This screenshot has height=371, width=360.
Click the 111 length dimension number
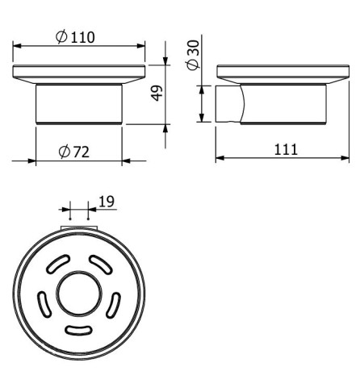point(284,148)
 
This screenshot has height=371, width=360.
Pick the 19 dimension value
point(107,202)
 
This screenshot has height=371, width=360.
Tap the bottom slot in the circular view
point(78,328)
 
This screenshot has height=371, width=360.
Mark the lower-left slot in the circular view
point(44,306)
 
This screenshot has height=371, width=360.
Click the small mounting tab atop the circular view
point(78,230)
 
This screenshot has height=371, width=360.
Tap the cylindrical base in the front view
point(79,102)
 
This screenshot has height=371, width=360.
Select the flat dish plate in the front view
point(79,75)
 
